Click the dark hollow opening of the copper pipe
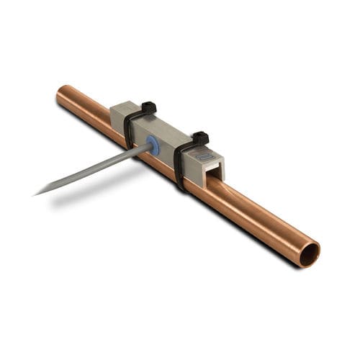[310, 253]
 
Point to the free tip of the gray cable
[36, 193]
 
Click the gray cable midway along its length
[94, 170]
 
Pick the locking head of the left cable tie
[148, 108]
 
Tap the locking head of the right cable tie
[200, 138]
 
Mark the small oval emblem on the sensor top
[207, 156]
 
